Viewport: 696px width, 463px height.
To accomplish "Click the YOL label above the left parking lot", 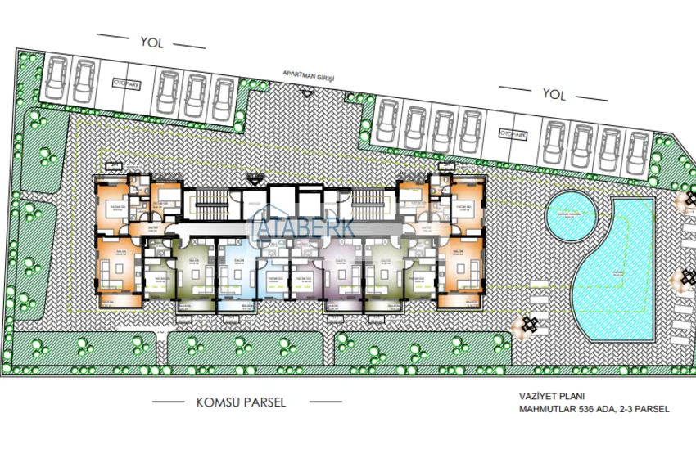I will click(148, 40).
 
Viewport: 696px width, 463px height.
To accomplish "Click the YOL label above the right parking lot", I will click(554, 95).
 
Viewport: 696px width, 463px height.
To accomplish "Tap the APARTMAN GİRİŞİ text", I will click(309, 74).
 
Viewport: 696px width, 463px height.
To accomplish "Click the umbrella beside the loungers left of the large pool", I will click(528, 324).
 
